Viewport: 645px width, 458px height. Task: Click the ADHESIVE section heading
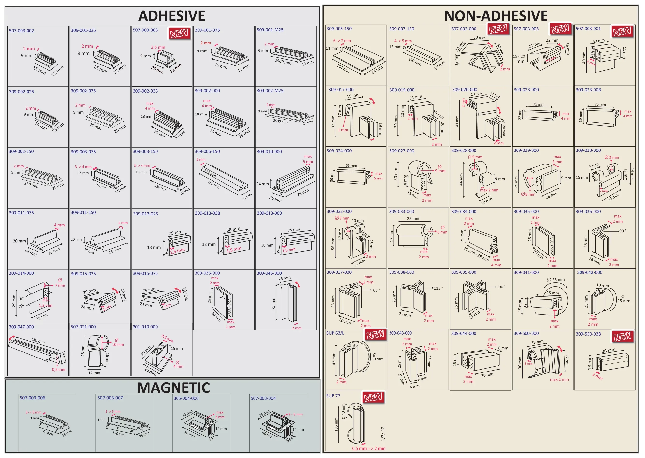click(171, 16)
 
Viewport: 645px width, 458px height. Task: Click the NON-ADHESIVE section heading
click(496, 16)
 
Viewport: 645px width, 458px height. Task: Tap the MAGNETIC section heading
click(173, 387)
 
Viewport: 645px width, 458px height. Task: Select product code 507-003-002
click(21, 31)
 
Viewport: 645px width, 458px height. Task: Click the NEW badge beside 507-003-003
click(179, 33)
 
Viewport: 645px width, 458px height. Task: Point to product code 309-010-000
click(269, 152)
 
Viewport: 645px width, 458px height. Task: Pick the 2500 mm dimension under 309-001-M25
click(283, 61)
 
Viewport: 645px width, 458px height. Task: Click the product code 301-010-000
click(145, 327)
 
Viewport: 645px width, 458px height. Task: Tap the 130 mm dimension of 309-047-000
click(38, 341)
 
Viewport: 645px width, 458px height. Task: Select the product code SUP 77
click(333, 396)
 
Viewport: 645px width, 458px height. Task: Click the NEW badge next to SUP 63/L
click(375, 335)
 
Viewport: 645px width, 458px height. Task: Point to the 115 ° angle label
click(438, 288)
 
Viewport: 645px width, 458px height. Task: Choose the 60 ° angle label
click(376, 290)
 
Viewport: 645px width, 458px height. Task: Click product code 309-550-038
click(588, 334)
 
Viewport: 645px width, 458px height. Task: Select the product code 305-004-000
click(186, 398)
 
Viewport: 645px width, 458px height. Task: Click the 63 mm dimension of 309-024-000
click(351, 166)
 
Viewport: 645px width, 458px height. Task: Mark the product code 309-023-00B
click(588, 90)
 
